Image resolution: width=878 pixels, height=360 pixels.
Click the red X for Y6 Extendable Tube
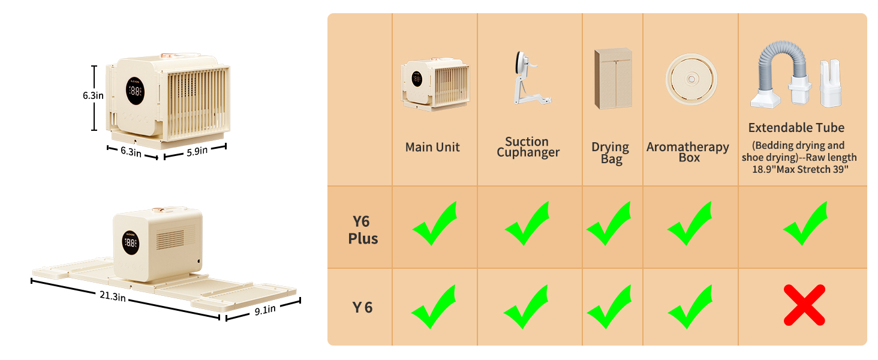[804, 305]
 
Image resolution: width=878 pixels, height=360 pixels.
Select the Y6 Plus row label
[363, 229]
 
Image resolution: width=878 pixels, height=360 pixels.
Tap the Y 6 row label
[362, 308]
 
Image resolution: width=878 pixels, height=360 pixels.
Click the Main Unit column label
[432, 147]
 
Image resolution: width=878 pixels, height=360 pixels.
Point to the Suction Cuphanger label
[527, 147]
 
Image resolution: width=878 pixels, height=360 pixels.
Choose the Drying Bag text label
[610, 153]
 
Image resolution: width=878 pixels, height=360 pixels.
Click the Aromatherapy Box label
[688, 152]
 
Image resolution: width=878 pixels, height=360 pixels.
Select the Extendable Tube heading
[796, 128]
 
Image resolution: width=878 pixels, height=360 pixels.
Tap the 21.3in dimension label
[112, 296]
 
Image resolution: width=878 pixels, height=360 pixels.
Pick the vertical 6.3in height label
[94, 95]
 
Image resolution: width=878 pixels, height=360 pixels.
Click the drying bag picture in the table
[613, 78]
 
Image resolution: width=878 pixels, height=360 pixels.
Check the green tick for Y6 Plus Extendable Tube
[805, 224]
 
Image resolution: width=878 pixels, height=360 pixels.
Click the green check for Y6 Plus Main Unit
[434, 224]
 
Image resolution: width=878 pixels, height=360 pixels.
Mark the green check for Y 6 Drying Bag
[609, 307]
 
